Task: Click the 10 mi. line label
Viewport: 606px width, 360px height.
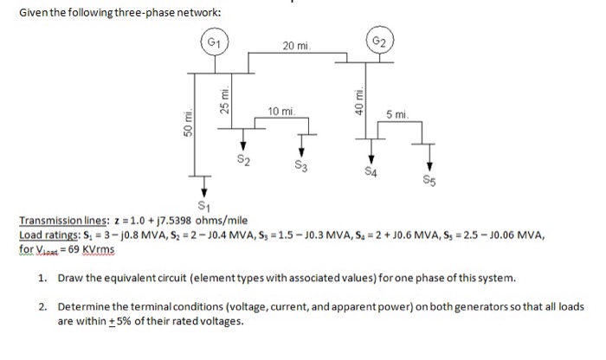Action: [282, 112]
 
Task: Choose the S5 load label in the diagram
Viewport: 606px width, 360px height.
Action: [430, 182]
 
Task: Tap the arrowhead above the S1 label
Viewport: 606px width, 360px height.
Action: [204, 192]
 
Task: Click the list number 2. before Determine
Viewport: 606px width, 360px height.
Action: [42, 307]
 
